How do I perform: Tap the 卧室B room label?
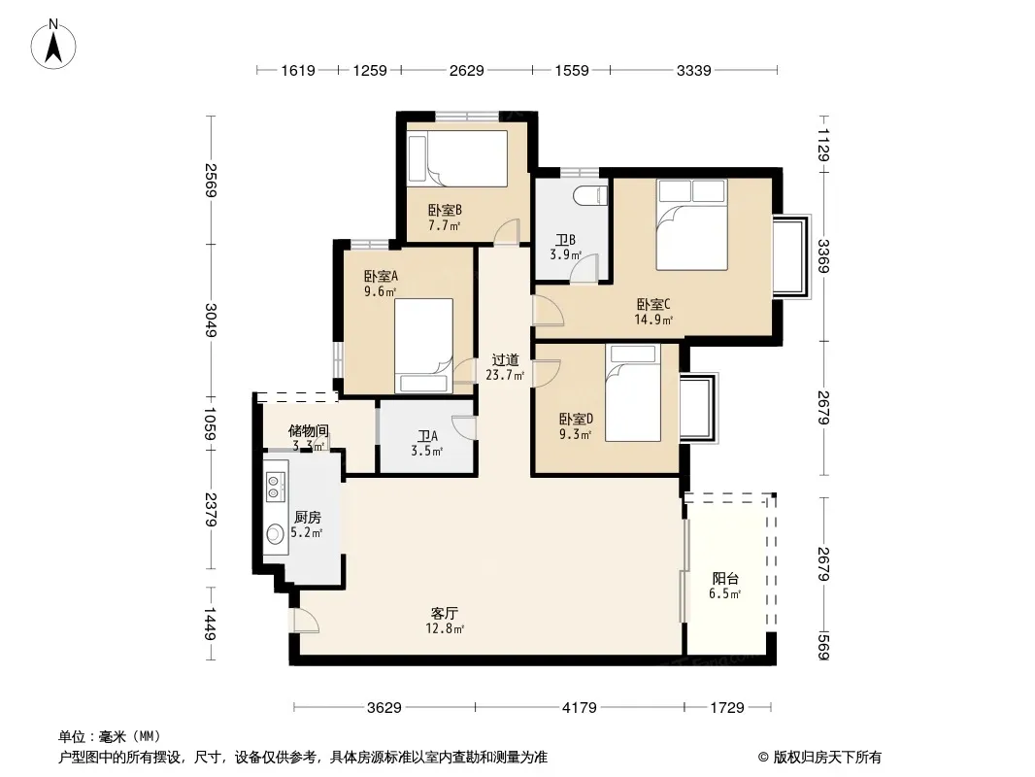[445, 210]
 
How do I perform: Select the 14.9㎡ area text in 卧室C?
[652, 321]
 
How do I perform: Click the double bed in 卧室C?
[691, 224]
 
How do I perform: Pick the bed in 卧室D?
[633, 392]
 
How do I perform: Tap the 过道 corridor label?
[505, 359]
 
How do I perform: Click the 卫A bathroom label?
[427, 436]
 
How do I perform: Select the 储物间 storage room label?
[308, 431]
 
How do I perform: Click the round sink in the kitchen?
[275, 533]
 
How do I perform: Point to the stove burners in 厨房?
[274, 486]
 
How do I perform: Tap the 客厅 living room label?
[445, 613]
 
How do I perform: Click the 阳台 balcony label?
[724, 578]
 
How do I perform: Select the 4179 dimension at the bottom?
[579, 708]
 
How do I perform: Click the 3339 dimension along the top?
[694, 70]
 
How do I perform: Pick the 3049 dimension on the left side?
[211, 320]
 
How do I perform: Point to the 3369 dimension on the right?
[823, 256]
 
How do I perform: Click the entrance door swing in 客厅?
[305, 620]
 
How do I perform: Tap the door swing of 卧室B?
[507, 232]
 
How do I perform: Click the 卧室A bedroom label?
[381, 276]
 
